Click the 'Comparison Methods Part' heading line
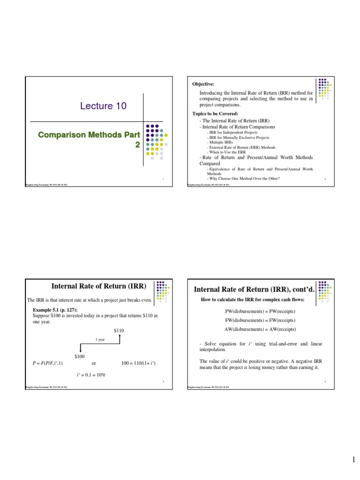pos(89,135)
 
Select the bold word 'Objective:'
pos(203,84)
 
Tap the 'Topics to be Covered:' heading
pos(215,114)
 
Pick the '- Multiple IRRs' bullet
pos(220,142)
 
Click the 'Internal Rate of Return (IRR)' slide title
pos(98,286)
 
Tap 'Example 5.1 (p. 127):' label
pos(55,310)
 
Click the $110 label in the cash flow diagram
pos(119,330)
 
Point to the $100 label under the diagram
pos(79,357)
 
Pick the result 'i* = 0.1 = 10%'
pos(91,375)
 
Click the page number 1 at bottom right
pos(354,461)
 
